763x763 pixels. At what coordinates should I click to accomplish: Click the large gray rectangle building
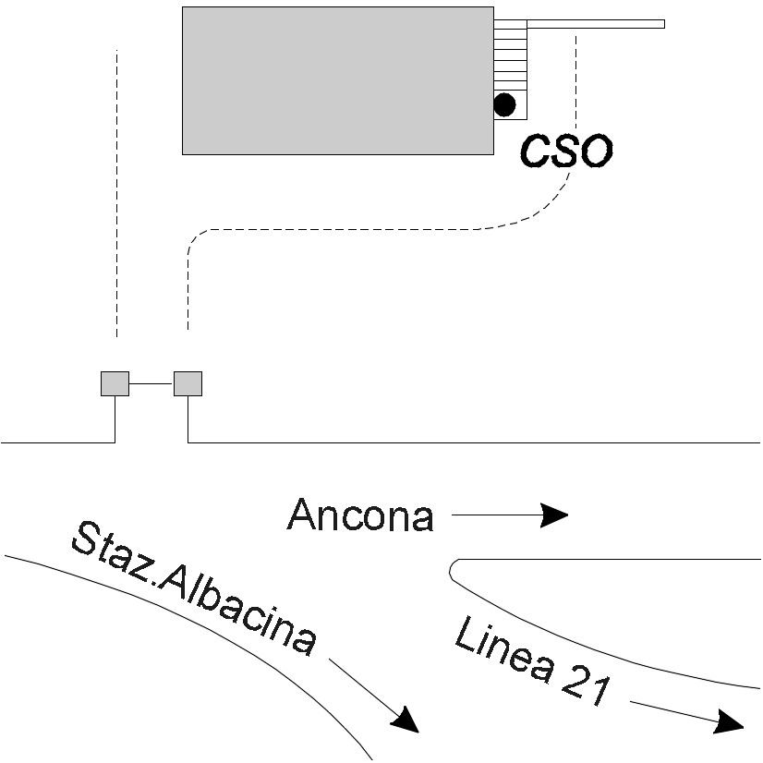click(x=337, y=80)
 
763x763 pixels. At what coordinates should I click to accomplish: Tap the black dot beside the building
click(x=504, y=104)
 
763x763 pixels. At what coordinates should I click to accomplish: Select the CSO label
click(x=566, y=151)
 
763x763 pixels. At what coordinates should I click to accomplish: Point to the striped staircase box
click(x=510, y=55)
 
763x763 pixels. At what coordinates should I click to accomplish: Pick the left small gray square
click(x=115, y=382)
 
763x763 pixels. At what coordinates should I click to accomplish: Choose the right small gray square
click(x=188, y=382)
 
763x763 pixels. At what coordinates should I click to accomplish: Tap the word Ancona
click(x=360, y=515)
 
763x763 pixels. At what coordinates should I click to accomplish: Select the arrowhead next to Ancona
click(x=553, y=515)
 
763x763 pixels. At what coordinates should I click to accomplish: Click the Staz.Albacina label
click(x=194, y=589)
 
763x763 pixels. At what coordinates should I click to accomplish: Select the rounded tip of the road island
click(x=453, y=570)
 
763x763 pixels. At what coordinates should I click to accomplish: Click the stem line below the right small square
click(x=188, y=419)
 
